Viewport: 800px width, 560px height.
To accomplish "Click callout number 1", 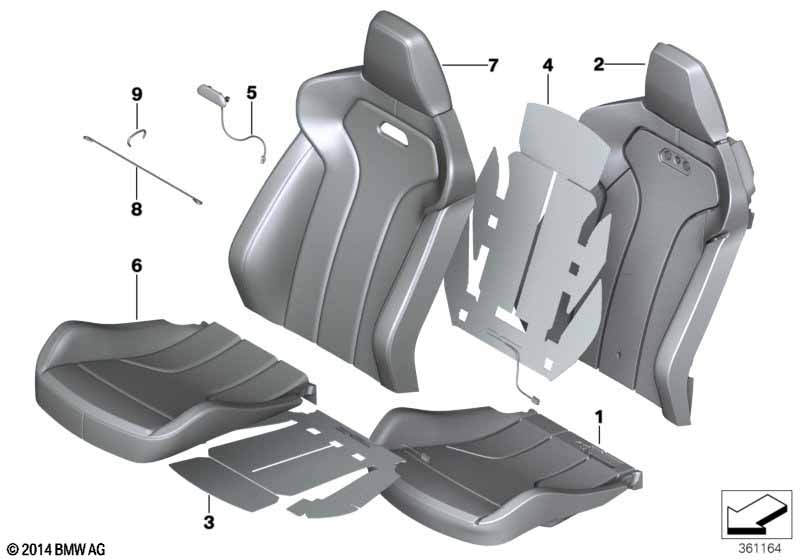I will coord(599,414).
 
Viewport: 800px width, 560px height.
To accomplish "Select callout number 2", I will coord(598,66).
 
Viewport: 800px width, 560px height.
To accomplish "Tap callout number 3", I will coord(208,522).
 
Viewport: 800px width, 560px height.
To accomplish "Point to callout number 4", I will coord(547,66).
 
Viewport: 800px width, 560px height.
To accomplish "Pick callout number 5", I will coord(251,93).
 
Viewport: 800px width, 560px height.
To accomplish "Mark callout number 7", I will coord(492,66).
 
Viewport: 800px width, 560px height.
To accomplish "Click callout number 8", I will coord(136,210).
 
